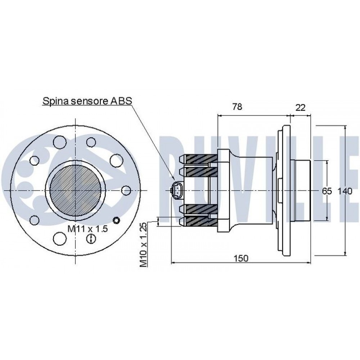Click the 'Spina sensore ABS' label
click(x=87, y=101)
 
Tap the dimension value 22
click(x=300, y=107)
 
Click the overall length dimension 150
click(x=241, y=258)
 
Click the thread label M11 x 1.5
click(x=87, y=229)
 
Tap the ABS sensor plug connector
click(x=177, y=190)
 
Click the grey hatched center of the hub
click(x=75, y=190)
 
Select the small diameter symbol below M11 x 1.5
click(x=91, y=239)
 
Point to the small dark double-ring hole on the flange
click(x=117, y=220)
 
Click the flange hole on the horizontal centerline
click(x=126, y=190)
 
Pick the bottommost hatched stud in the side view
click(x=198, y=221)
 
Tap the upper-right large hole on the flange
click(x=116, y=161)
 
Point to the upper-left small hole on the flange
click(x=35, y=161)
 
